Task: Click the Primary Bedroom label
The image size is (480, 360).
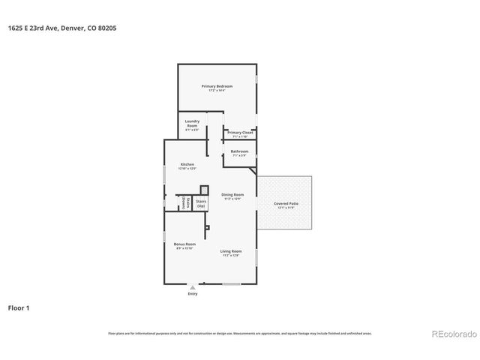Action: [x=217, y=86]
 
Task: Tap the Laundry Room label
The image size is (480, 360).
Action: [x=193, y=122]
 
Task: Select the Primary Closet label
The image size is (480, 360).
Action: [x=240, y=133]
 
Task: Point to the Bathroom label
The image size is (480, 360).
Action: [x=239, y=151]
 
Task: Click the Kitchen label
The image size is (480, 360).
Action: [x=187, y=164]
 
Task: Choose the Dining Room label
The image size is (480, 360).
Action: [x=232, y=194]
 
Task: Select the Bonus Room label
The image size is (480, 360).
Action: [x=184, y=244]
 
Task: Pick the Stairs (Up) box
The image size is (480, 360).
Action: [x=201, y=203]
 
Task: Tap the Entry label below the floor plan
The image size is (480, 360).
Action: [x=193, y=293]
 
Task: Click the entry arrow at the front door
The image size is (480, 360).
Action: [x=193, y=286]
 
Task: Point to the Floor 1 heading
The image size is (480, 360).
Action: [x=19, y=307]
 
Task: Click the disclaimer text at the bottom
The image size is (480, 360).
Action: [x=239, y=333]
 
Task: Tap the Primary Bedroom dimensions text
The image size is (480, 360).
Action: [x=217, y=91]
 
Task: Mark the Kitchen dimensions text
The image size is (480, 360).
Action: [x=187, y=169]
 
